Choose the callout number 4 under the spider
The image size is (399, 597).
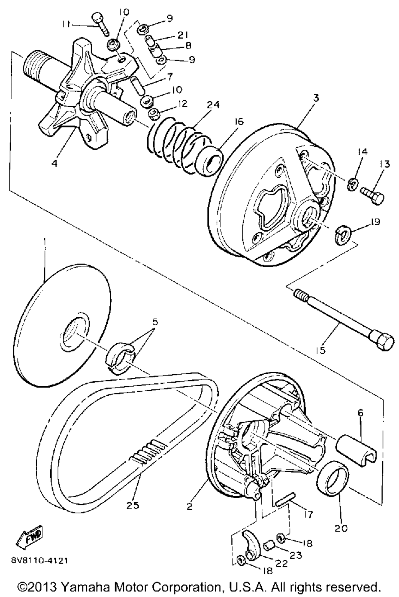click(54, 163)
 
